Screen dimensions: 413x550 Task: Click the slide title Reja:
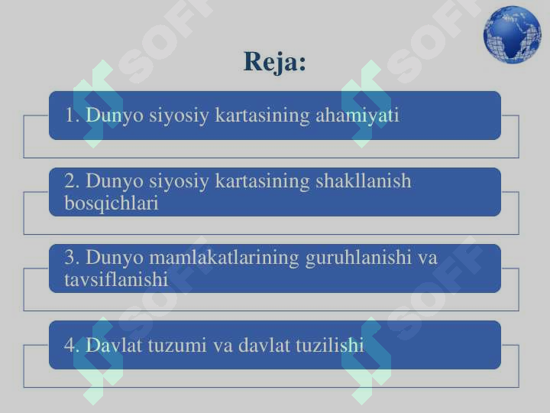click(x=275, y=61)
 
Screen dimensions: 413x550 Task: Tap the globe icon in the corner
click(x=512, y=34)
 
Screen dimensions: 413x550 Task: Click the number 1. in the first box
click(x=73, y=115)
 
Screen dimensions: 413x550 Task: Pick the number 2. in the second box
click(x=73, y=181)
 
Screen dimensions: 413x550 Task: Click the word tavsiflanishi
click(x=116, y=280)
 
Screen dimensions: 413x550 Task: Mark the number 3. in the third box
click(x=73, y=258)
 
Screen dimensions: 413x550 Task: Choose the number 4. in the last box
click(x=73, y=346)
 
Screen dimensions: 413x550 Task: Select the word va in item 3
click(x=428, y=258)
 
